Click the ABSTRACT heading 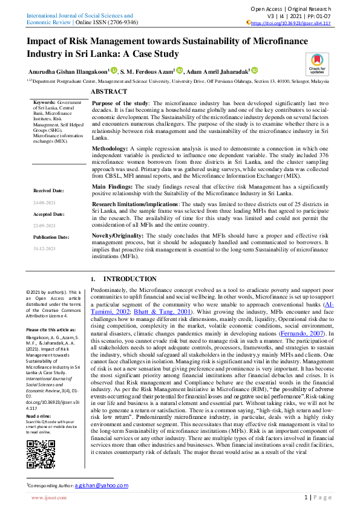[109, 91]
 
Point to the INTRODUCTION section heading [122, 279]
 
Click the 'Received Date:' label [49, 190]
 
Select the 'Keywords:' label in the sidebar [45, 103]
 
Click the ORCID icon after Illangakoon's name [114, 70]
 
